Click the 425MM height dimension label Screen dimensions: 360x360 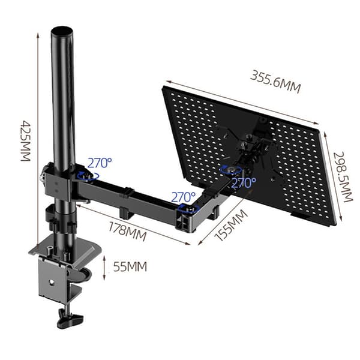click(26, 141)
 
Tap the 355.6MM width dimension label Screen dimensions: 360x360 click(275, 82)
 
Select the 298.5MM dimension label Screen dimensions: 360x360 click(343, 177)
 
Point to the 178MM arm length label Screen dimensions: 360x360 click(127, 232)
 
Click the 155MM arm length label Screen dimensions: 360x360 click(231, 226)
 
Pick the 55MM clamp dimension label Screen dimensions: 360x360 click(130, 267)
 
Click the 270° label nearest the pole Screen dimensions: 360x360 click(100, 163)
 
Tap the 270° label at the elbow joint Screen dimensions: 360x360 click(183, 197)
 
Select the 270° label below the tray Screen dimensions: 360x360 click(244, 183)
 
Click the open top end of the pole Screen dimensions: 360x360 click(62, 31)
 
